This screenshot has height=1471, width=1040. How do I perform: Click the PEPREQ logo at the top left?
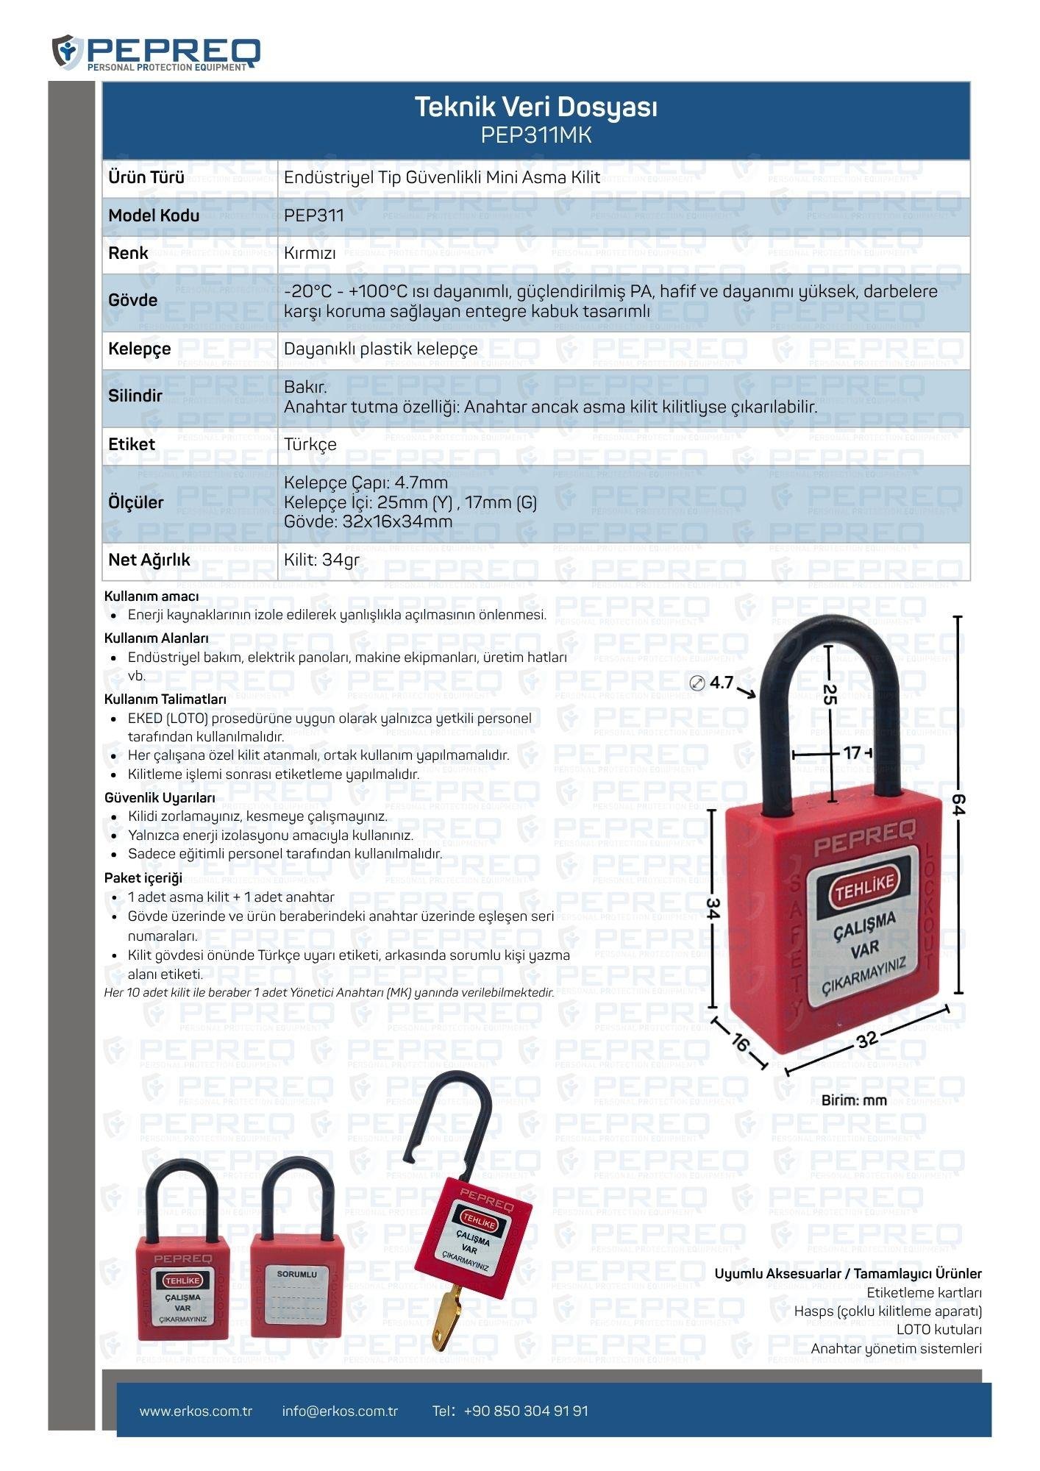(156, 52)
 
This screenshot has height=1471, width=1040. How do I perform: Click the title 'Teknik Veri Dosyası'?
(535, 107)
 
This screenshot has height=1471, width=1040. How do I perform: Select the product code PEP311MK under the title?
(535, 136)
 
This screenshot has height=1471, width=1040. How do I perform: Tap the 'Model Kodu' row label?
(154, 216)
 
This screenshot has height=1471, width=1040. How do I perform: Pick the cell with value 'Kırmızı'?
(310, 254)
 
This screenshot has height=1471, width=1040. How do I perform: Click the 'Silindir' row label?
(135, 396)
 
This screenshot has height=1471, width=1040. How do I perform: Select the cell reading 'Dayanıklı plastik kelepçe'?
(380, 349)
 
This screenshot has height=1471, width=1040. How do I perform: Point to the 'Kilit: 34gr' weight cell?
(321, 560)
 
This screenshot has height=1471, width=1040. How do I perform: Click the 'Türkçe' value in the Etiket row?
(310, 445)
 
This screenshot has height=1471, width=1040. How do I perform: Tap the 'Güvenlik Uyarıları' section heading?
(160, 798)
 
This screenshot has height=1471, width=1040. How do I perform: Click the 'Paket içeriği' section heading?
(143, 877)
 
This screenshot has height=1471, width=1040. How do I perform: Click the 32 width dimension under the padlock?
(868, 1039)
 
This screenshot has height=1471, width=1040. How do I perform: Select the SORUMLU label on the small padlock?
(296, 1274)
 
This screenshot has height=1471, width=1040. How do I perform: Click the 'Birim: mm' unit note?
(854, 1101)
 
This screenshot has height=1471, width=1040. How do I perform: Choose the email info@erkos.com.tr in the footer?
(340, 1411)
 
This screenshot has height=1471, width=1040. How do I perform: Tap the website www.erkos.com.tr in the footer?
(196, 1411)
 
